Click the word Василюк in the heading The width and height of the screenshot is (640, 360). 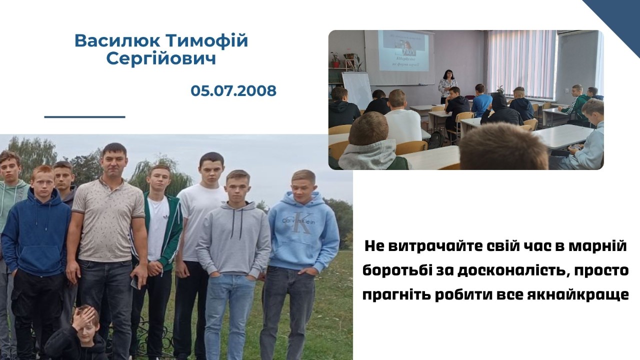[117, 40]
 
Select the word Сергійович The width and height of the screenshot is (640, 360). [161, 59]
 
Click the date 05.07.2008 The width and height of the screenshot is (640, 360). [233, 91]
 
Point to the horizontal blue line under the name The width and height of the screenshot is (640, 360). [85, 116]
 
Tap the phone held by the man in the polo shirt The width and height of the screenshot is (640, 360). [134, 282]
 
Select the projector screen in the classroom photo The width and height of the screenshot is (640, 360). [403, 51]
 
